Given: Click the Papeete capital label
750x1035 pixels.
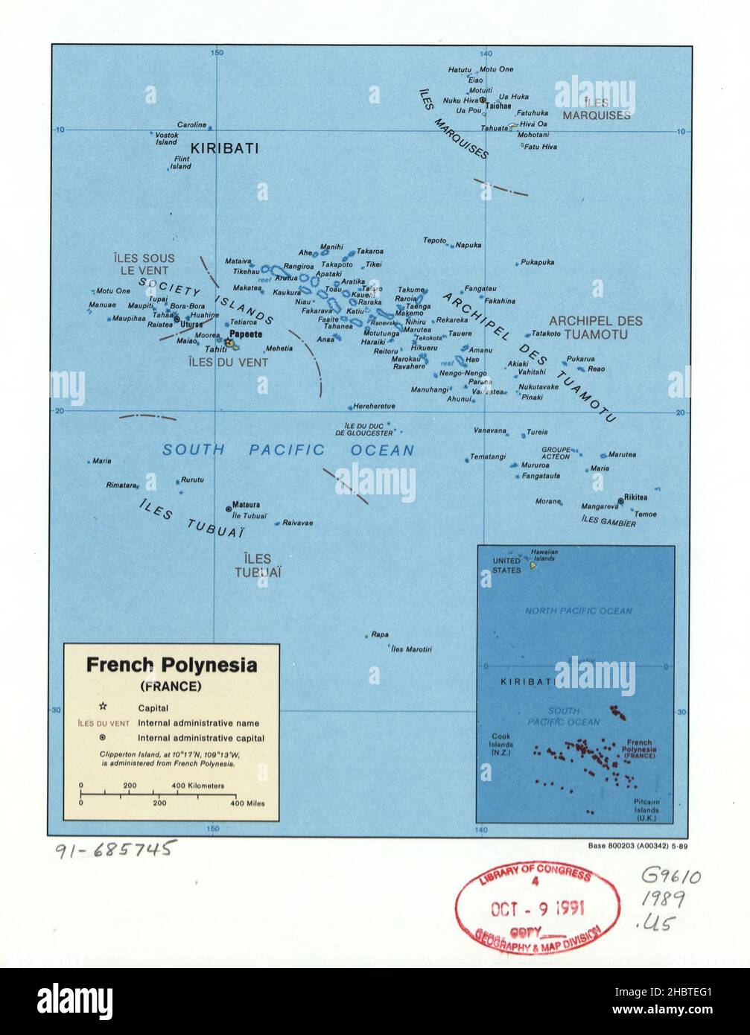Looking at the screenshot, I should [246, 335].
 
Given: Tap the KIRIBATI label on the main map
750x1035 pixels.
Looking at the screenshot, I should [225, 148].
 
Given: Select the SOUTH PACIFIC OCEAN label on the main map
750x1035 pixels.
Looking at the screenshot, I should [288, 450].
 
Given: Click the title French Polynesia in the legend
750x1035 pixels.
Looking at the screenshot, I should [171, 664].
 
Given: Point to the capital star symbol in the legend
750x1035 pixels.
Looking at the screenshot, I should [103, 707].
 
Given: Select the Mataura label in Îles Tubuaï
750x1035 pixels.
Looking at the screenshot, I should [246, 504].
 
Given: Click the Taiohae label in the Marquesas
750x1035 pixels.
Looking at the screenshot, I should [498, 106].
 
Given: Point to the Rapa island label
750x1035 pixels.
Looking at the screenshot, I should [380, 634].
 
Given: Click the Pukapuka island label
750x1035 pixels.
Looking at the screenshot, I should [538, 262].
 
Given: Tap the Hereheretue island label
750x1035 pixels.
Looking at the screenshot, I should [374, 407].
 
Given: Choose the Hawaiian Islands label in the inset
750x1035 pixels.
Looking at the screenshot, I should [544, 555].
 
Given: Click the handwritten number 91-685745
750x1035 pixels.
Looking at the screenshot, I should [115, 848].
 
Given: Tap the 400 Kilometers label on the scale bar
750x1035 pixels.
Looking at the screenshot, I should [197, 786].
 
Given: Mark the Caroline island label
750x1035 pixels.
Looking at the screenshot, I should [191, 124].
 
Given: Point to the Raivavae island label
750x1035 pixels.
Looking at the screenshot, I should [297, 523].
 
